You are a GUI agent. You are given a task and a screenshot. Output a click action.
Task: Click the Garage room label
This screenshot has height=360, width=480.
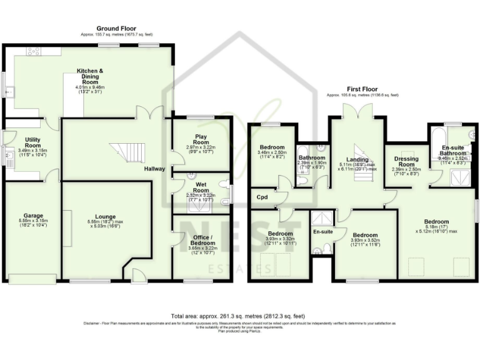[29, 214]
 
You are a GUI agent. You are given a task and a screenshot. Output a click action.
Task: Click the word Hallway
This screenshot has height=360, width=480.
[154, 169]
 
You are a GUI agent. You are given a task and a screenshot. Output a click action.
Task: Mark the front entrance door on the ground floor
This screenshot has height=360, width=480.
[136, 272]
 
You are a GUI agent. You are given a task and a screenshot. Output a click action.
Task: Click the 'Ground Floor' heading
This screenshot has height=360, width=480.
[116, 28]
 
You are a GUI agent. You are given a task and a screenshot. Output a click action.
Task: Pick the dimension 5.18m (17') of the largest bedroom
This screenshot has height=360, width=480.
[436, 229]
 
